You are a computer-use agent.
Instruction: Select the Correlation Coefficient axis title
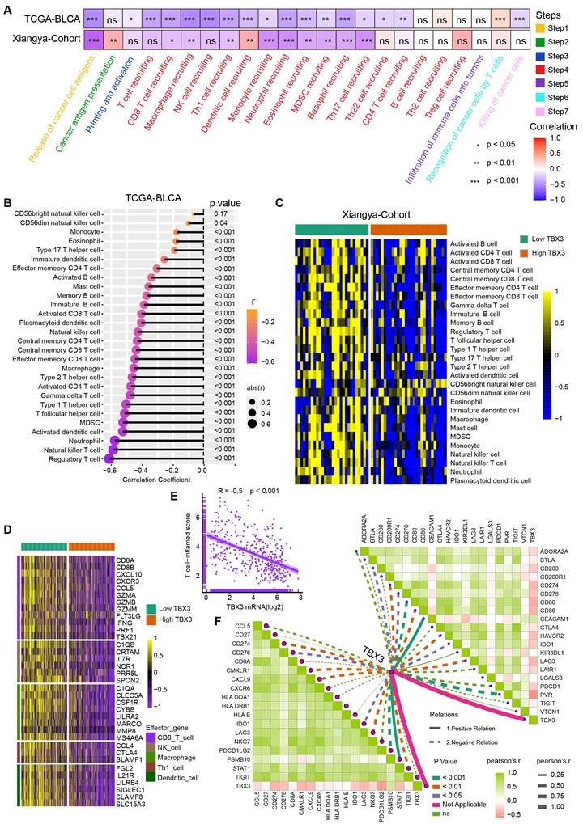151,480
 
